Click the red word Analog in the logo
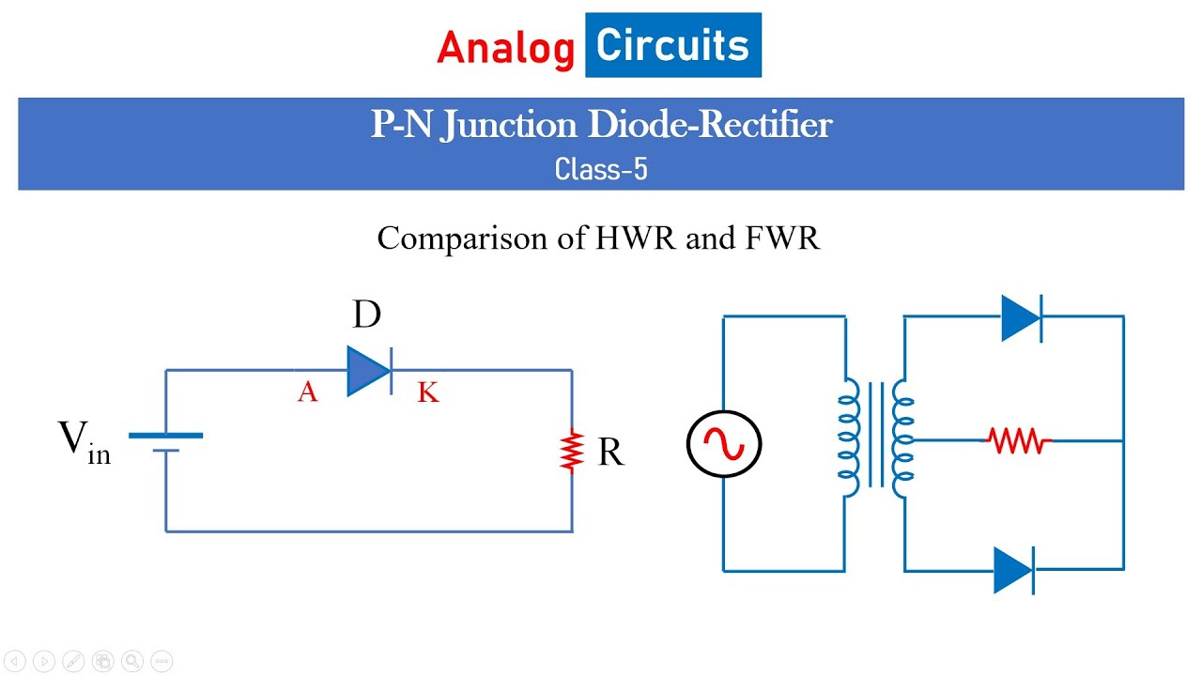click(505, 48)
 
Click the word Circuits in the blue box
click(672, 45)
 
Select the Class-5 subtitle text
click(601, 170)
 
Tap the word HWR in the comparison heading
click(636, 238)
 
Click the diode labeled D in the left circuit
click(369, 370)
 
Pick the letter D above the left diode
click(366, 315)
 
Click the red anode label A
click(307, 392)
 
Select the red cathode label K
click(427, 392)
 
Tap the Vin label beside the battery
click(85, 441)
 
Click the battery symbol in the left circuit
click(166, 442)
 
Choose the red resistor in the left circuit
click(572, 452)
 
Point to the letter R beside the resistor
click(609, 453)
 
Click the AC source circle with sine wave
click(723, 444)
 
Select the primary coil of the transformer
click(849, 438)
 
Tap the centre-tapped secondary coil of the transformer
click(902, 438)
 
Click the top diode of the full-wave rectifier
click(1022, 317)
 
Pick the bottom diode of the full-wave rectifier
click(1014, 570)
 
